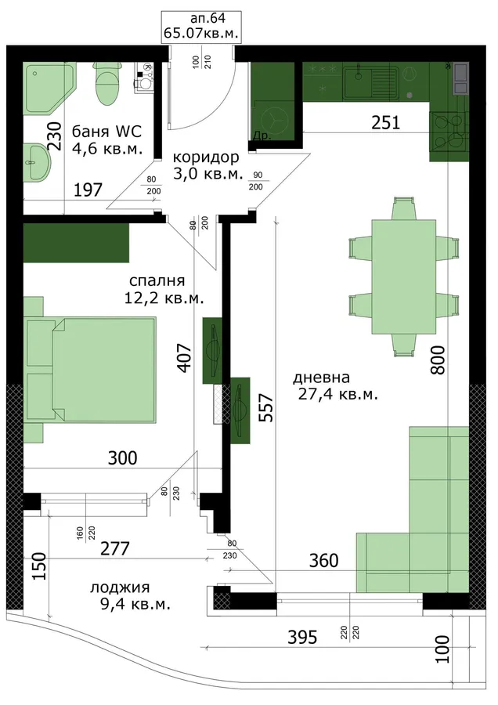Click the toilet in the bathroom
pos(107,83)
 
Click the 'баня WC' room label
pos(106,132)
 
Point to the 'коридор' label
pos(206,157)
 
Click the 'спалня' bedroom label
pos(157,280)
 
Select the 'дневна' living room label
pos(321,378)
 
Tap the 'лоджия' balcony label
pos(120,587)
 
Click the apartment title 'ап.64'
pos(207,18)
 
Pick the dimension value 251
pos(385,122)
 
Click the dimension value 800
pos(438,360)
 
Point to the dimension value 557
pos(267,407)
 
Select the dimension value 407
pos(184,357)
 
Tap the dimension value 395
pos(302,637)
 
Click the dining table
pos(403,277)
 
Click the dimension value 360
pos(323,560)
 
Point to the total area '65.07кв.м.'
pos(201,34)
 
